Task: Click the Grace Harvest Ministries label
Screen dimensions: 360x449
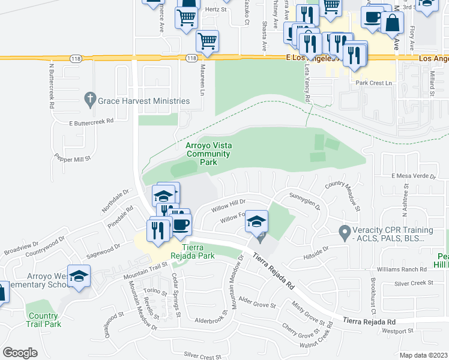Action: tap(145, 101)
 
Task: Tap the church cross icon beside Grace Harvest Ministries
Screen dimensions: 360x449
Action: tap(91, 99)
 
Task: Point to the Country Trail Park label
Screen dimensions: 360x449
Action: tap(43, 320)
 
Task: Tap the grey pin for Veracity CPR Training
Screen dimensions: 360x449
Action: tap(344, 231)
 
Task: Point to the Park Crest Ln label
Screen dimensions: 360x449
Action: tap(373, 83)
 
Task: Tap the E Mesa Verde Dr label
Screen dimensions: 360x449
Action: tap(413, 176)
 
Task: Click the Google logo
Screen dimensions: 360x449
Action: tap(20, 352)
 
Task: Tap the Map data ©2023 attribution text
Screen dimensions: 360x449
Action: tap(423, 355)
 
